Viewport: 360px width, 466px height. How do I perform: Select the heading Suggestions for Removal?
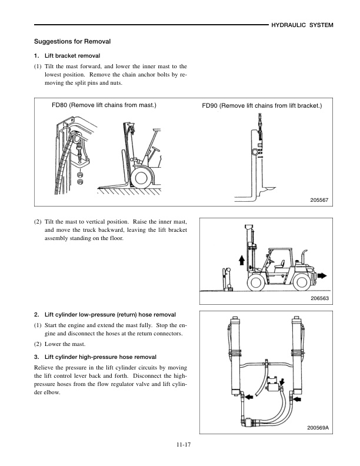[x=72, y=42]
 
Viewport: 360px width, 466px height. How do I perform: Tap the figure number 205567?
[x=318, y=201]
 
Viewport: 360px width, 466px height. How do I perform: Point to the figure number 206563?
[x=318, y=299]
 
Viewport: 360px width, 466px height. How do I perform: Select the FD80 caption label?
[x=104, y=105]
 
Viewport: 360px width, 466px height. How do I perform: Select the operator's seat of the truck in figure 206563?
[x=285, y=263]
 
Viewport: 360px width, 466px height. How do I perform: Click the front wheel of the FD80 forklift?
[x=142, y=177]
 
